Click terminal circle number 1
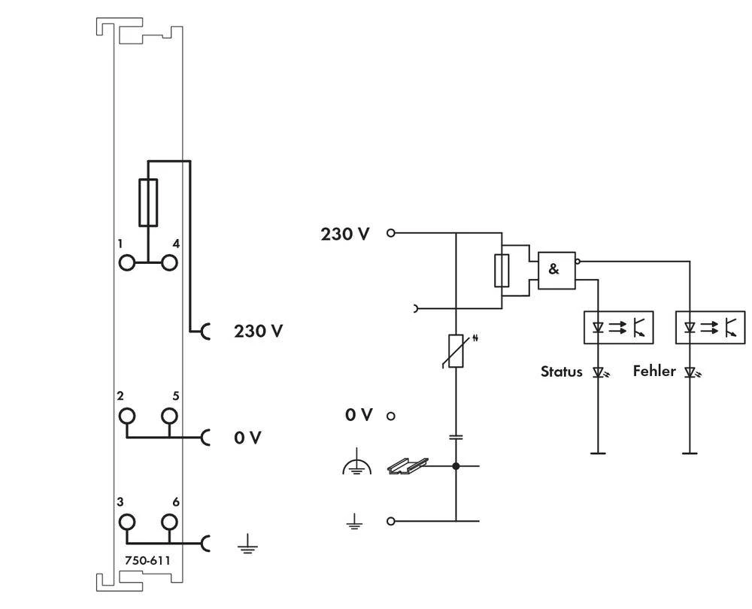click(x=126, y=262)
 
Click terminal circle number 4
click(x=170, y=262)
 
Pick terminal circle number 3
click(x=126, y=521)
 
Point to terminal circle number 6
click(x=170, y=521)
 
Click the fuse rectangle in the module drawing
click(x=148, y=203)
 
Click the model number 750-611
click(x=147, y=560)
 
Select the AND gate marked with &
click(x=556, y=270)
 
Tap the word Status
click(x=562, y=371)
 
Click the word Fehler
click(x=654, y=371)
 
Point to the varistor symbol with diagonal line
click(x=456, y=351)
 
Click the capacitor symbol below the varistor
click(x=456, y=436)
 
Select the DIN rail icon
click(x=407, y=466)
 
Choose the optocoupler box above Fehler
click(x=711, y=327)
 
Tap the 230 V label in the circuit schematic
click(x=345, y=234)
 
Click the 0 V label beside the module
click(x=247, y=438)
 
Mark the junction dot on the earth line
click(x=456, y=466)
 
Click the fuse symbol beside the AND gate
click(x=502, y=271)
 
